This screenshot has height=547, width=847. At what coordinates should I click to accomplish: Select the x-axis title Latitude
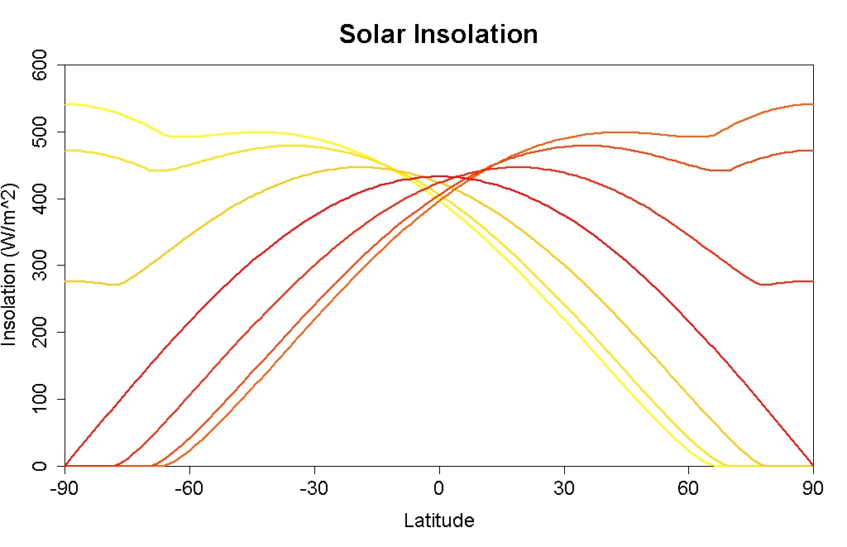pos(439,521)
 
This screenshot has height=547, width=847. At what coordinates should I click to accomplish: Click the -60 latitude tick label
pos(189,488)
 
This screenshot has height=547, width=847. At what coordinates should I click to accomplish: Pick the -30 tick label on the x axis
pos(313,488)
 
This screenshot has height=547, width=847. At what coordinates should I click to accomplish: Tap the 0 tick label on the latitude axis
pos(439,488)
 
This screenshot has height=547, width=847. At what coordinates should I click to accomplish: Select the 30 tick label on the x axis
pos(564,488)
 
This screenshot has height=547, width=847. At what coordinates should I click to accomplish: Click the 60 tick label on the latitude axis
pos(689,488)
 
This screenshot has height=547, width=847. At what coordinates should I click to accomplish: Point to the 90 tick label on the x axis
pos(813,488)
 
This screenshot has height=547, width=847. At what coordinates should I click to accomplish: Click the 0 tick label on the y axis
pos(39,466)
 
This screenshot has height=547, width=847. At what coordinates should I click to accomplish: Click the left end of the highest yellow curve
pos(66,103)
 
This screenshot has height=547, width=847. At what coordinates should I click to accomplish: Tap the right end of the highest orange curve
pos(811,104)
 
